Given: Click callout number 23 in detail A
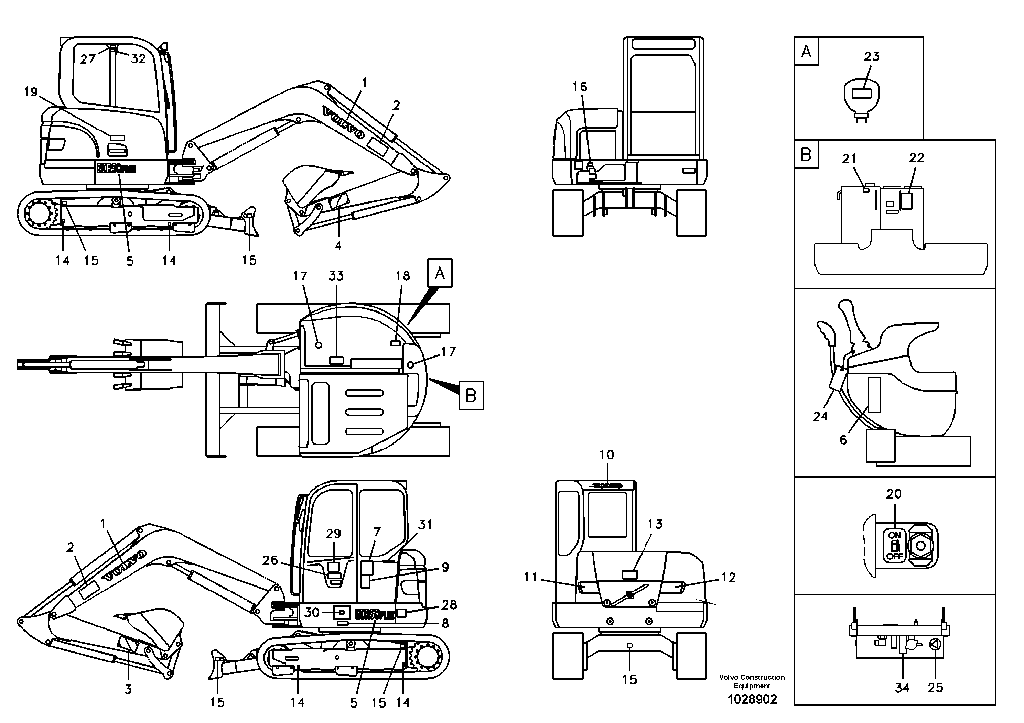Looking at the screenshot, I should (x=872, y=57).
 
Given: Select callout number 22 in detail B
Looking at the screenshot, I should (x=917, y=158).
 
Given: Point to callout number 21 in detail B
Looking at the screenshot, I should (x=849, y=159).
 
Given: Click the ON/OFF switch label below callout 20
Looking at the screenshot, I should (x=894, y=546).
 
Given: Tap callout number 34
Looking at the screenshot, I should (x=902, y=688).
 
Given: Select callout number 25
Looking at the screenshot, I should (x=935, y=688).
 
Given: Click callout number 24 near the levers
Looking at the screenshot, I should (x=820, y=416).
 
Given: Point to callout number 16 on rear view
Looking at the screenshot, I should (x=580, y=87).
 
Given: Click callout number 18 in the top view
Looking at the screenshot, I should (x=402, y=276).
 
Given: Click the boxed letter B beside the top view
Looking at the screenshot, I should (x=471, y=395).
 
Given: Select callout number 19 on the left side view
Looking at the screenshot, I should (x=30, y=92).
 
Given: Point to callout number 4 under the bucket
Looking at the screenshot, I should (x=338, y=245).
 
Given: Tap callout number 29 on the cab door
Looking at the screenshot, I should (x=333, y=534).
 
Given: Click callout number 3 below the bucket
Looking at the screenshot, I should (x=128, y=690).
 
